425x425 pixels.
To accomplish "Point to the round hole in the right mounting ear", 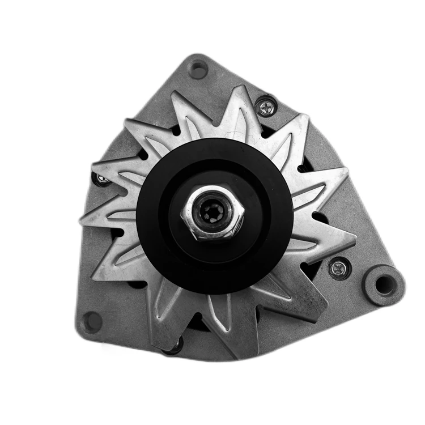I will tap(385, 285).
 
